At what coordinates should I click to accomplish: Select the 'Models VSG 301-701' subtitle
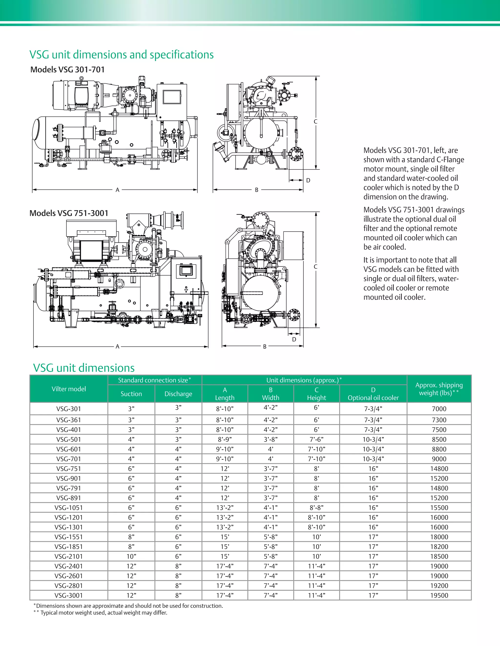pos(68,69)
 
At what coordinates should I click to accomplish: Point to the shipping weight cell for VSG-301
pos(439,409)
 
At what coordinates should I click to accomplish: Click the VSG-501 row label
pos(68,440)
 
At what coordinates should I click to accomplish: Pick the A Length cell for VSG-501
pos(225,440)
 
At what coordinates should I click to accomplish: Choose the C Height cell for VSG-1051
pos(316,508)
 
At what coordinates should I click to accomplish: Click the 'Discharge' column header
pos(178,394)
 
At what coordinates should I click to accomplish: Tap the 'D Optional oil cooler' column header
pos(373,394)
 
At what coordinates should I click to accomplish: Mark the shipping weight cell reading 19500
pos(439,596)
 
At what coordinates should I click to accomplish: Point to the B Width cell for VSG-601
pos(271,449)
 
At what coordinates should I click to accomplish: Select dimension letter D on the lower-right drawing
pos(294,340)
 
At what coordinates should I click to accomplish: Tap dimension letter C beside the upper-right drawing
pos(315,122)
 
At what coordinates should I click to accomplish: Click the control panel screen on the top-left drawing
pos(172,97)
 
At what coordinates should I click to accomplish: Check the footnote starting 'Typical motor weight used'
pos(104,613)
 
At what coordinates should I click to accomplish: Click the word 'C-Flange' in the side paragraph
pos(450,160)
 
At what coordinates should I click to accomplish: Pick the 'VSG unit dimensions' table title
pos(84,368)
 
